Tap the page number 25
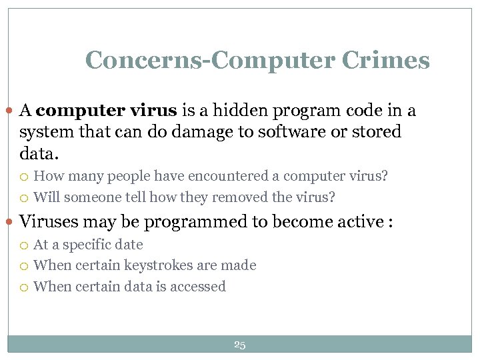(240, 345)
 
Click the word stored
(377, 132)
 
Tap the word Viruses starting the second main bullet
(49, 222)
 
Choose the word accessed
(199, 287)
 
